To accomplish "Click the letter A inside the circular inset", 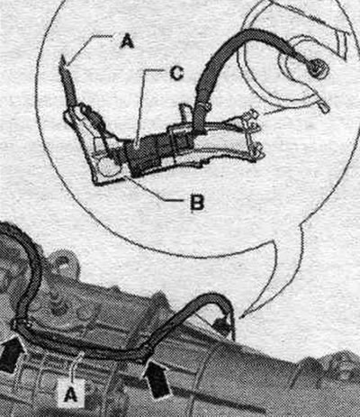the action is click(x=127, y=41).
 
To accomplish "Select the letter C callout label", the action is click(x=176, y=73).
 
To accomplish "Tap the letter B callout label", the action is click(x=196, y=203).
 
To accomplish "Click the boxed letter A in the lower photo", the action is click(x=71, y=394).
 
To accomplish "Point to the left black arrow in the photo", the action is click(x=11, y=354).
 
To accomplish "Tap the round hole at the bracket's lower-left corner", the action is click(x=109, y=167).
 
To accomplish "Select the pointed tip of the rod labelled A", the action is click(x=63, y=56).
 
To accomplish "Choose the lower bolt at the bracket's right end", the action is click(x=256, y=151).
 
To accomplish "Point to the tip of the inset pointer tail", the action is click(x=242, y=316).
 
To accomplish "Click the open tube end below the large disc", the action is click(x=325, y=108).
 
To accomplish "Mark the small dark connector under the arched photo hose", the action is click(x=221, y=327).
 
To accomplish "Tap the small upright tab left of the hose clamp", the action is click(x=184, y=113).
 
